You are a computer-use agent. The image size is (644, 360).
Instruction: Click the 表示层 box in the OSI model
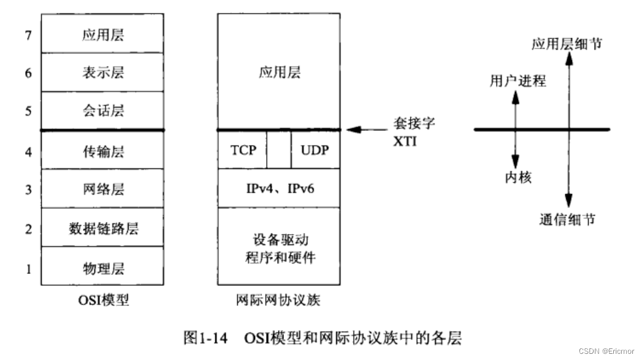pyautogui.click(x=103, y=72)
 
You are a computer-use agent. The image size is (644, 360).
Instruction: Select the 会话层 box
pyautogui.click(x=103, y=111)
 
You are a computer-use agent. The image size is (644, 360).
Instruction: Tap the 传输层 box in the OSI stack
pyautogui.click(x=103, y=150)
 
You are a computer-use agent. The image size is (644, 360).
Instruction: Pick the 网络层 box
pyautogui.click(x=103, y=189)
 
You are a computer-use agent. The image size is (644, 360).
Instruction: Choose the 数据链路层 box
pyautogui.click(x=103, y=228)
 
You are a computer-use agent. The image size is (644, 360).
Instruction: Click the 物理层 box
pyautogui.click(x=103, y=267)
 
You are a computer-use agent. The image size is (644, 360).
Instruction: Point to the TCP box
pyautogui.click(x=243, y=149)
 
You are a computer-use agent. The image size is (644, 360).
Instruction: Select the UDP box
pyautogui.click(x=315, y=149)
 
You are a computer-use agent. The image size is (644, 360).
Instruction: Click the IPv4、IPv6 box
pyautogui.click(x=278, y=188)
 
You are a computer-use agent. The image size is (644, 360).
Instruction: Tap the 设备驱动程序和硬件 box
pyautogui.click(x=278, y=247)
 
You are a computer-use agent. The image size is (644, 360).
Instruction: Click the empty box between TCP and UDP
pyautogui.click(x=279, y=149)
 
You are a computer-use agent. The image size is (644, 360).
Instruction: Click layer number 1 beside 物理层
pyautogui.click(x=28, y=268)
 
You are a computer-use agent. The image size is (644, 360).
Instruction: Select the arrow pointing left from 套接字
pyautogui.click(x=363, y=130)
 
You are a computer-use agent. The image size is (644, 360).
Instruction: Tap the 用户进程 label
pyautogui.click(x=517, y=81)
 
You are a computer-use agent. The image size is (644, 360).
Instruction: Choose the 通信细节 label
pyautogui.click(x=567, y=220)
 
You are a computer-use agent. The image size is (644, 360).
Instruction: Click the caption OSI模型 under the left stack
pyautogui.click(x=103, y=300)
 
